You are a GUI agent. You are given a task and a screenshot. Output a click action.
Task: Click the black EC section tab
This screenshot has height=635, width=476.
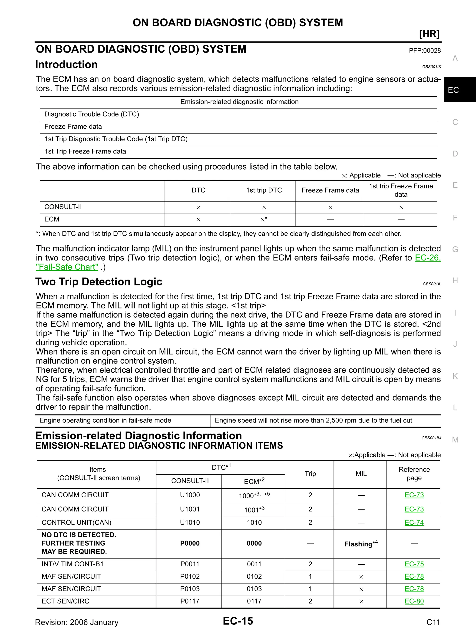[460, 90]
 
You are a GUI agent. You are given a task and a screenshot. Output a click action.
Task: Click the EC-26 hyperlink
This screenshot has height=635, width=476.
[427, 258]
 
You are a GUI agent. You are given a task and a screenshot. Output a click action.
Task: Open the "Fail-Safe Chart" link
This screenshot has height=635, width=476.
[67, 267]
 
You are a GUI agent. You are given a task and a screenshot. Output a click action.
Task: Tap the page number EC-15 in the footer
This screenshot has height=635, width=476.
[238, 621]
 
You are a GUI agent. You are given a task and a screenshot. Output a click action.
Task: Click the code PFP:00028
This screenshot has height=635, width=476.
[425, 50]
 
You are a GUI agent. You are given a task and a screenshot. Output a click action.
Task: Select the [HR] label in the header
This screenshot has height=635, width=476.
[429, 34]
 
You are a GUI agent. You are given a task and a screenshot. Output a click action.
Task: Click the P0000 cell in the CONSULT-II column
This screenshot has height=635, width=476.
[190, 543]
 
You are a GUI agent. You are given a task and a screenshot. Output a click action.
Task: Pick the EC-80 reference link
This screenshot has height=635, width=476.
[414, 601]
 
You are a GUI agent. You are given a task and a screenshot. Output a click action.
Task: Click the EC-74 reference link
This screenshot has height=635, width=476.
[414, 522]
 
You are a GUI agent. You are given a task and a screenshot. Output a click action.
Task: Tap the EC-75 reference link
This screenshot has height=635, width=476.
[414, 564]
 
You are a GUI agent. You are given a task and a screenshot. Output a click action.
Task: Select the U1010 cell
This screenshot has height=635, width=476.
[190, 522]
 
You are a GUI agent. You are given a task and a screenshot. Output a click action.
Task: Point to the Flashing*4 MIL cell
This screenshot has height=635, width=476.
[361, 544]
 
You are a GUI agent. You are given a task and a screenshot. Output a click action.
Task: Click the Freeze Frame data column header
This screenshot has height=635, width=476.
[330, 190]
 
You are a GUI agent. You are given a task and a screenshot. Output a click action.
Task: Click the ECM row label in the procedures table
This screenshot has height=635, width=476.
[52, 219]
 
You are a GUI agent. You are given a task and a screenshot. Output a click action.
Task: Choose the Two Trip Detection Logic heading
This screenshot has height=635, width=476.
[99, 282]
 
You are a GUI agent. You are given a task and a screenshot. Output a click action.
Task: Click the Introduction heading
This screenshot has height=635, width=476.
[66, 65]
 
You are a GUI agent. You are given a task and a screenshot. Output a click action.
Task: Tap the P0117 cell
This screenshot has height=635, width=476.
[190, 601]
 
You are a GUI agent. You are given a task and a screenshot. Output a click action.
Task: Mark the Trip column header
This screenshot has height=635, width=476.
[310, 474]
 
